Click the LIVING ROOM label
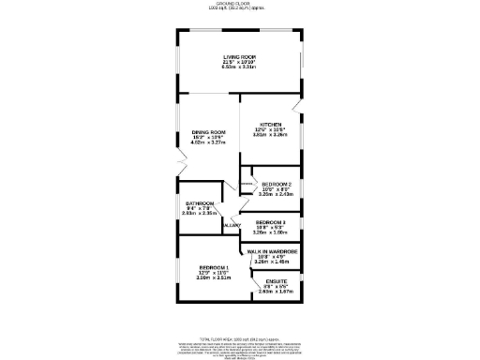pyautogui.click(x=239, y=57)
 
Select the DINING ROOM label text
pyautogui.click(x=209, y=132)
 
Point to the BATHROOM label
pyautogui.click(x=200, y=203)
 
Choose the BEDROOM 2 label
pyautogui.click(x=277, y=184)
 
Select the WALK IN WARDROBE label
pyautogui.click(x=271, y=252)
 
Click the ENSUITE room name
pyautogui.click(x=276, y=281)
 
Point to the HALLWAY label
pyautogui.click(x=232, y=226)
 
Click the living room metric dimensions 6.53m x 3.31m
pyautogui.click(x=239, y=67)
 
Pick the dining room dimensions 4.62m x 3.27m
pyautogui.click(x=209, y=143)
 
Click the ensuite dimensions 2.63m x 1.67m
pyautogui.click(x=276, y=292)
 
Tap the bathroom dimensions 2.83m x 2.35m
pyautogui.click(x=200, y=214)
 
